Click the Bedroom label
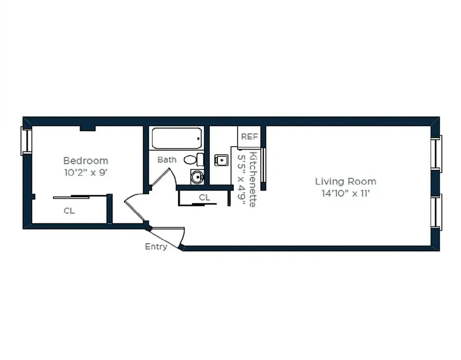(x=86, y=160)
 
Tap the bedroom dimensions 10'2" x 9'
(x=86, y=172)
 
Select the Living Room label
(x=345, y=181)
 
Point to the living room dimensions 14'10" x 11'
(x=345, y=193)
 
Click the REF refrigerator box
(x=249, y=136)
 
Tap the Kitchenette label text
(x=253, y=180)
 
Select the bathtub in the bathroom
(x=176, y=138)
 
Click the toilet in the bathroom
(x=194, y=159)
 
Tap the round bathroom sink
(x=197, y=177)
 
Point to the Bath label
(x=167, y=160)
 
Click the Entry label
(x=156, y=247)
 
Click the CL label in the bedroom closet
(x=69, y=211)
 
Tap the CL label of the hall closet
(x=204, y=197)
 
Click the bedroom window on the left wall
(x=26, y=141)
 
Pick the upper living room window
(x=436, y=153)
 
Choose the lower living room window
(x=436, y=211)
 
